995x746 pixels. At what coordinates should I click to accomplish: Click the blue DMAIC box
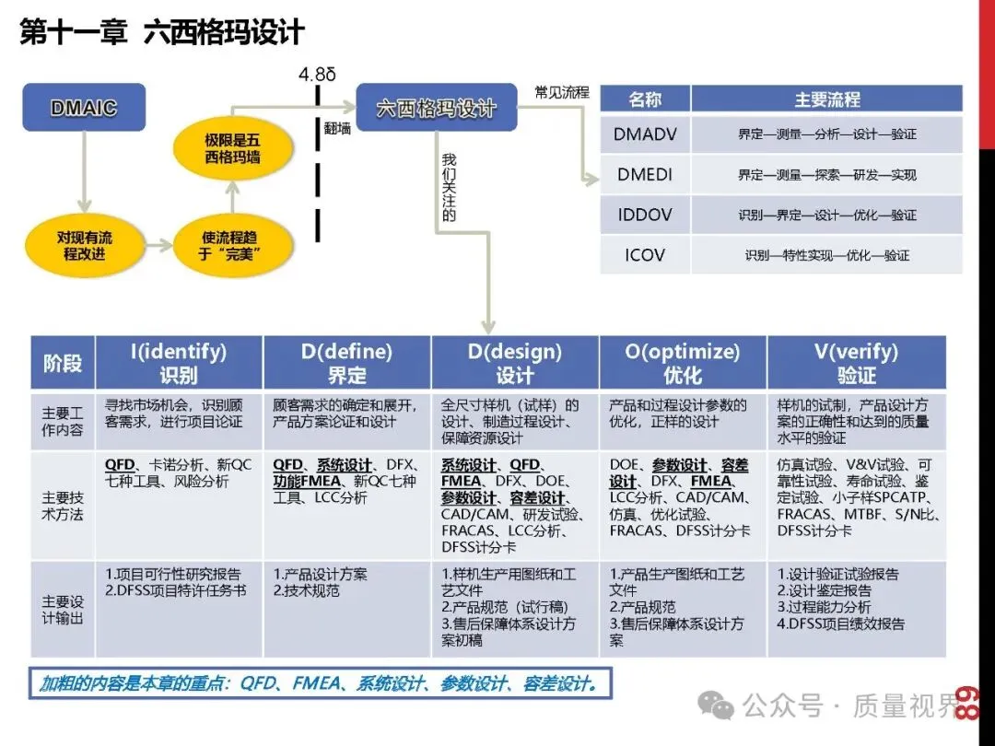point(83,108)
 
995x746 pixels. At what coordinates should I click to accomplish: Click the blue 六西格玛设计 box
point(436,108)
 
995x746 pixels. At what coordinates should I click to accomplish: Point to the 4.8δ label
point(318,74)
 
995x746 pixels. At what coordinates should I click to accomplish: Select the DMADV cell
point(645,134)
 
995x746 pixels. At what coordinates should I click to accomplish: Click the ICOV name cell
point(645,255)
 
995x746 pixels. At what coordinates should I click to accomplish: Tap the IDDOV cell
point(645,215)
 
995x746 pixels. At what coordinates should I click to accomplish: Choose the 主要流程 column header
point(826,99)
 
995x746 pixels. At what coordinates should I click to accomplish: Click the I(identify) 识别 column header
point(180,363)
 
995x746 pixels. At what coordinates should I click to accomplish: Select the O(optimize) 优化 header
point(683,363)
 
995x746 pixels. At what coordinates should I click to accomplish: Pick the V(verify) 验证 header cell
point(856,363)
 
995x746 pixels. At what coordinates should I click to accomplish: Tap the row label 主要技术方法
point(63,506)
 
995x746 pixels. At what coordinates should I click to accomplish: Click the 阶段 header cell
point(63,363)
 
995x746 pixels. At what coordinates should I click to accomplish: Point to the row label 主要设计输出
point(63,609)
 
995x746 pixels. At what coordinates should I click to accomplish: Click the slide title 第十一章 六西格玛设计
point(162,33)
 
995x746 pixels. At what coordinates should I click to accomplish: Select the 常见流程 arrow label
point(561,92)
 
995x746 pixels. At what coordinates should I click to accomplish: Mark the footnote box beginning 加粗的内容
point(320,684)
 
